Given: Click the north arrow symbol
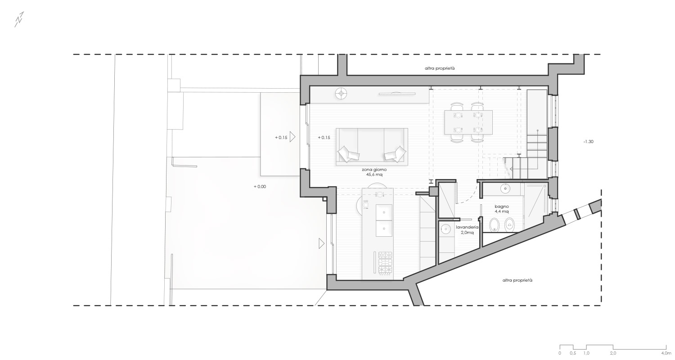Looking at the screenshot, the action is coord(19,20).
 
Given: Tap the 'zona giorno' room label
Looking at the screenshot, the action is coord(374,170).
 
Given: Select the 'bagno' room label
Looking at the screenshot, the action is coord(502,207).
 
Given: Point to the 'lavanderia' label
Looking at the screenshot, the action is coord(467,227).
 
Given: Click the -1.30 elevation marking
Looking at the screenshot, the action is coord(589,141).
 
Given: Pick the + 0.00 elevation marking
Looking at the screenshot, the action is coord(260,186).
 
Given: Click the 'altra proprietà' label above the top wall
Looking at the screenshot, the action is coord(440,68).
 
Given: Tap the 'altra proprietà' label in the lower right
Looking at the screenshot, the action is coord(517,280).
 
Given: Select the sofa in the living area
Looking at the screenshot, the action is coord(372,147).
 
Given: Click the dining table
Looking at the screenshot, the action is coord(468,122).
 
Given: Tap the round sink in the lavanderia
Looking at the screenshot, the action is coord(445,229).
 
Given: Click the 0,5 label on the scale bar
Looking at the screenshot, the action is coord(573,353).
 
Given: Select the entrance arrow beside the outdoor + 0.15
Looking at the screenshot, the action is coord(292,137).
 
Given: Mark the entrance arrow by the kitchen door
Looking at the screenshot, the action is coord(322,243).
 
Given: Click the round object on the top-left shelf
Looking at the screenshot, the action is coord(341,94).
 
